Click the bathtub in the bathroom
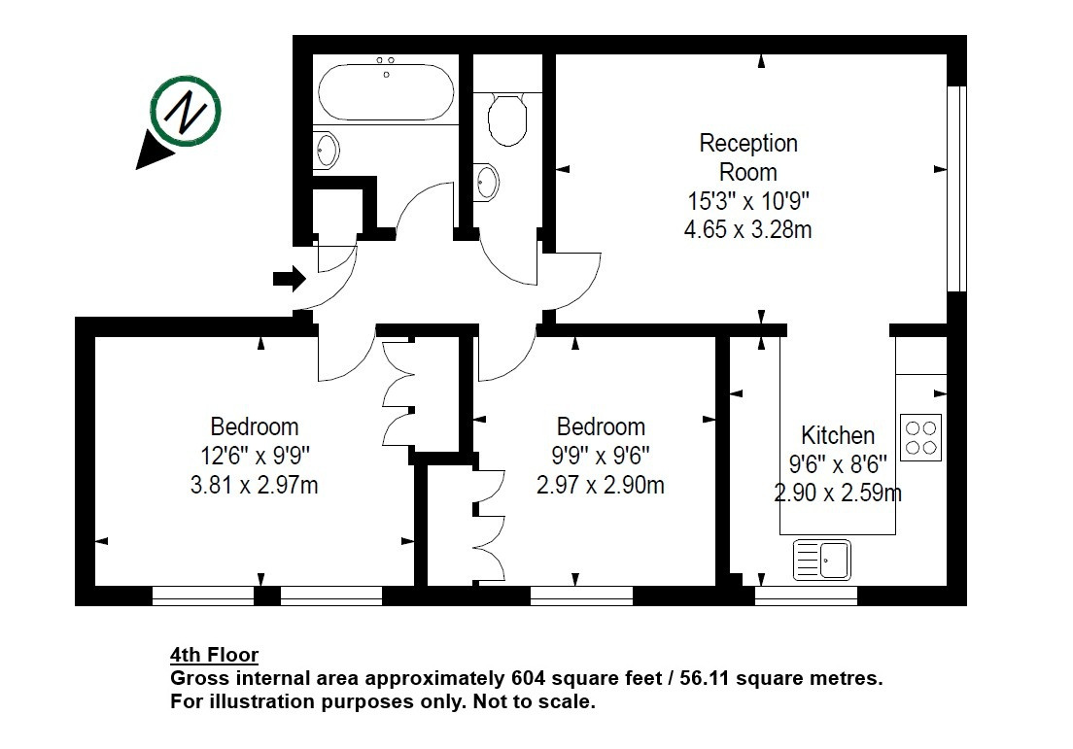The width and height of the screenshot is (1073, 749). [x=386, y=91]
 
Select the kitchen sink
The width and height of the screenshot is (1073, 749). [x=822, y=560]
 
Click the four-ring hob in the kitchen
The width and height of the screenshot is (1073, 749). [x=920, y=437]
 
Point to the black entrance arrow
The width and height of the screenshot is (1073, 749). [x=290, y=279]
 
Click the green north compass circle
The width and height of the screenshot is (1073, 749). [x=186, y=112]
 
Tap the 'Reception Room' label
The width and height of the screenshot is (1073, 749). [x=748, y=157]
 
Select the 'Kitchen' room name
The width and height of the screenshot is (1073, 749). [x=838, y=435]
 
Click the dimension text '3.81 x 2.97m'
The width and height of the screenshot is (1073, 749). [x=254, y=485]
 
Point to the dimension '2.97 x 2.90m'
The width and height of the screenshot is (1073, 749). [x=600, y=485]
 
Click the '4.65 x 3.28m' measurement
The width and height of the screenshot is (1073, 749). [x=748, y=228]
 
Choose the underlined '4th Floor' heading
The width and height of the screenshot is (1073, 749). [x=214, y=656]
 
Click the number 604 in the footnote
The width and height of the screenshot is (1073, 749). [x=529, y=678]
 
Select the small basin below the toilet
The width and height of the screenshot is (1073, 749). [x=487, y=182]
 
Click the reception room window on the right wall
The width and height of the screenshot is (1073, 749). [x=956, y=188]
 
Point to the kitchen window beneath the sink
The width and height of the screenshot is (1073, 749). [x=806, y=596]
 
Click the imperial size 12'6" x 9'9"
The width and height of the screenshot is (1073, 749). [x=255, y=455]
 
